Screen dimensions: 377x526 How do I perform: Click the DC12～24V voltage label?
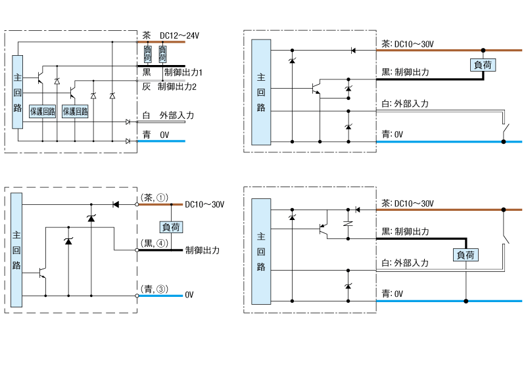tap(179, 35)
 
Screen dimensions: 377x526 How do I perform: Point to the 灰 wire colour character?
tap(146, 86)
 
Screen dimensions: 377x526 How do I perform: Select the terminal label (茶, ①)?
tap(155, 196)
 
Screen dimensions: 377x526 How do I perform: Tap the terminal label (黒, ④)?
tap(155, 242)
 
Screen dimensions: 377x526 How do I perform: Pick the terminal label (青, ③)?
tap(155, 288)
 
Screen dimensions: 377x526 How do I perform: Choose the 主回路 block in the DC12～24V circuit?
tap(18, 91)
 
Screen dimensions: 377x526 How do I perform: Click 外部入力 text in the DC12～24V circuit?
tap(177, 116)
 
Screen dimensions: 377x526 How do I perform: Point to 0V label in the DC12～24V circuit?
tap(165, 134)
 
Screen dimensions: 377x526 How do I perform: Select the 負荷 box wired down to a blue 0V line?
tap(466, 255)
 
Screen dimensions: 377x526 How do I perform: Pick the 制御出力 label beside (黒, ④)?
tap(203, 250)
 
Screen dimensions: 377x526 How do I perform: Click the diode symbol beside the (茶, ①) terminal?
tap(116, 204)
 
